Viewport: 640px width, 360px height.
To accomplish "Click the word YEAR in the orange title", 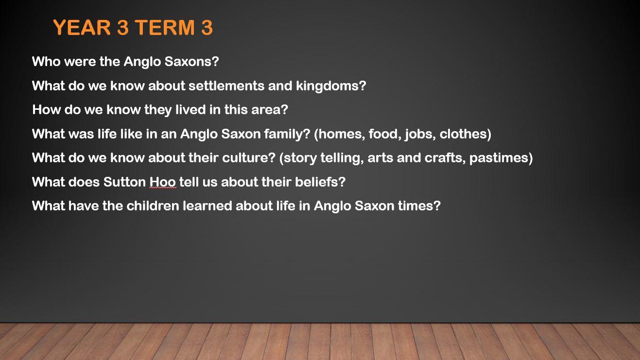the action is click(82, 27).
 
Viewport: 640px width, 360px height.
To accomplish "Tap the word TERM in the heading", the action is click(164, 27).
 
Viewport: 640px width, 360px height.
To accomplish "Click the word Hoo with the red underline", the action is click(163, 182).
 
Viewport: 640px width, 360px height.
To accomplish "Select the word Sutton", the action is click(124, 182).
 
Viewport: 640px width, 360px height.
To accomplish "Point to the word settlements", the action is click(226, 86).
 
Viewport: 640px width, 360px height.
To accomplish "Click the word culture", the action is click(245, 158).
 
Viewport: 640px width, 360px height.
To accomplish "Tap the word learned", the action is click(208, 206).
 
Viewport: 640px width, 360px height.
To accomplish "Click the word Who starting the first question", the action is click(46, 61).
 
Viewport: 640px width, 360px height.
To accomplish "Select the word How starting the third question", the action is click(46, 110).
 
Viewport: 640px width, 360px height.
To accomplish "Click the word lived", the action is click(190, 110).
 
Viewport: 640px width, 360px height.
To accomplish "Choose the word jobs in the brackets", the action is click(420, 134).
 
